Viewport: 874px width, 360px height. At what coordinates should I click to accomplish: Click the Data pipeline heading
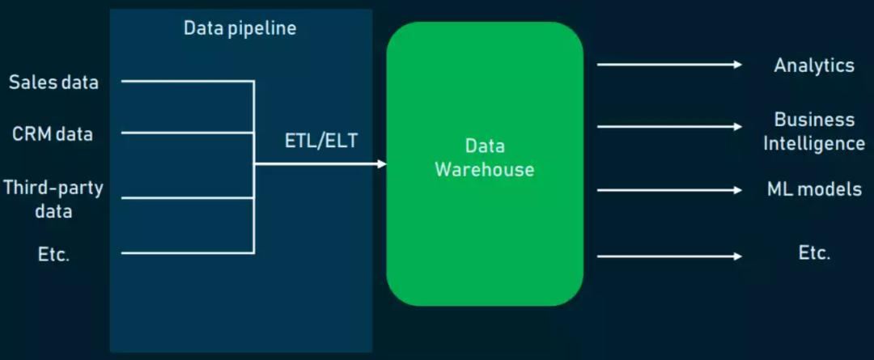[x=240, y=28]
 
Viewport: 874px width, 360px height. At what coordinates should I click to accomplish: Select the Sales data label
[x=53, y=83]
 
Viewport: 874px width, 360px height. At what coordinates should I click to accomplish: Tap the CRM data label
[x=53, y=134]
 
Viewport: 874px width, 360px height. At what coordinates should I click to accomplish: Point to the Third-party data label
[x=53, y=200]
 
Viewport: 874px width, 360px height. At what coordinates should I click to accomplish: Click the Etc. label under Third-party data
[x=53, y=255]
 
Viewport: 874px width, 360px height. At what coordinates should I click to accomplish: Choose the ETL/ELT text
[x=321, y=141]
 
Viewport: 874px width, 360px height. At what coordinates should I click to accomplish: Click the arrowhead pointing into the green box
[x=382, y=164]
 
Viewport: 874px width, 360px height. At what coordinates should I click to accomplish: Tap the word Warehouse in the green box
[x=485, y=169]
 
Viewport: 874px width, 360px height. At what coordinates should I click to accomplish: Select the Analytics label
[x=814, y=66]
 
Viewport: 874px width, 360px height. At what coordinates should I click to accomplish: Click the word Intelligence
[x=814, y=144]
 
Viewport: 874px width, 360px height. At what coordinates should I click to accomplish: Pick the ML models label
[x=814, y=189]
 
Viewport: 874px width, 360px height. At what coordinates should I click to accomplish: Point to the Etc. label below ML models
[x=814, y=253]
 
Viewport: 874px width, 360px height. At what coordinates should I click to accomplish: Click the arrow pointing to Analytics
[x=669, y=65]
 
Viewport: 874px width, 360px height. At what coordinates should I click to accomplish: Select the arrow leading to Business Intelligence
[x=669, y=126]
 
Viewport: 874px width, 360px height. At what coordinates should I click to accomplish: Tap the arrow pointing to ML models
[x=669, y=190]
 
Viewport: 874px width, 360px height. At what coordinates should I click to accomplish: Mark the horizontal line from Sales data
[x=188, y=82]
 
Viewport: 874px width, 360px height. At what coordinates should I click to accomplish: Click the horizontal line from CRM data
[x=188, y=133]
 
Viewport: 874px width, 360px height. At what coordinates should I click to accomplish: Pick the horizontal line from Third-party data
[x=188, y=198]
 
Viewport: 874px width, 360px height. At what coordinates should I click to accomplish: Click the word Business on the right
[x=814, y=120]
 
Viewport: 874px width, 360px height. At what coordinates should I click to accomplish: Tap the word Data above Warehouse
[x=485, y=146]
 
